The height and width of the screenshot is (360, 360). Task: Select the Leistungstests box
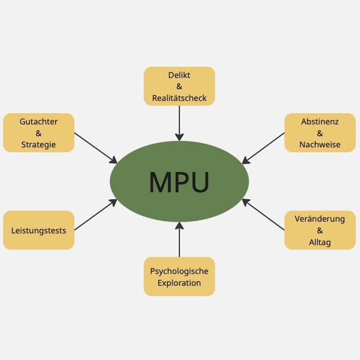click(38, 230)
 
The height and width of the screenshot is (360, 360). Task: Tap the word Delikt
click(179, 75)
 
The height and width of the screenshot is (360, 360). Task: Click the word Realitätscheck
click(179, 98)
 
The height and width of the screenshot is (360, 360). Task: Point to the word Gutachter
click(38, 121)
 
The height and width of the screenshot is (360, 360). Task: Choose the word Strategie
click(38, 144)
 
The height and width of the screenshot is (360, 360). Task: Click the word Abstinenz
click(320, 121)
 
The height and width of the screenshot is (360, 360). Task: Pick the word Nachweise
click(320, 144)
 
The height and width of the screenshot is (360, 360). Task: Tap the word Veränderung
click(320, 219)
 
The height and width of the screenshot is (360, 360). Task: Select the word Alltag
click(320, 242)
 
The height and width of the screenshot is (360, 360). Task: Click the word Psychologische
click(179, 271)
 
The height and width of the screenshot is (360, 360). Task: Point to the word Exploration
click(179, 283)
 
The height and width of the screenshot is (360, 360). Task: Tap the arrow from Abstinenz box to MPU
click(263, 148)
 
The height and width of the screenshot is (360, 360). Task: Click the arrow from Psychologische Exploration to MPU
click(179, 241)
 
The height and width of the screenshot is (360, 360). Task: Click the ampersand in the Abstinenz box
click(320, 133)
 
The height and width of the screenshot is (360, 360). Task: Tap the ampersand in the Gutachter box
click(38, 133)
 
